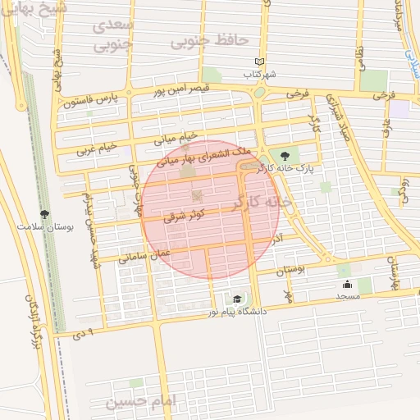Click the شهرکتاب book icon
[x=260, y=62]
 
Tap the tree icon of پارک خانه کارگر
[x=285, y=155]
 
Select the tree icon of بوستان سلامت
[x=44, y=214]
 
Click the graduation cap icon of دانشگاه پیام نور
[x=238, y=299]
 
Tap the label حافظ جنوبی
[x=199, y=39]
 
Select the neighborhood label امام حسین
[x=142, y=403]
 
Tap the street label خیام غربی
[x=98, y=148]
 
